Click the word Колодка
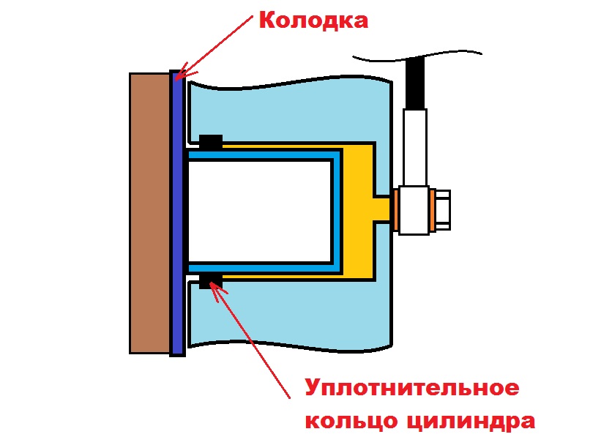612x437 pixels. pos(313,20)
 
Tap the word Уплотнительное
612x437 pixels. pos(411,388)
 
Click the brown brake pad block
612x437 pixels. pos(149,213)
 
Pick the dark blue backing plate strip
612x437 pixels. pos(176,213)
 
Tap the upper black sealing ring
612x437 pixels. pos(211,141)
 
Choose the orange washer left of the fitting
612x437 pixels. pos(396,210)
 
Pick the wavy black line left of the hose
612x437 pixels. pos(377,56)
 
